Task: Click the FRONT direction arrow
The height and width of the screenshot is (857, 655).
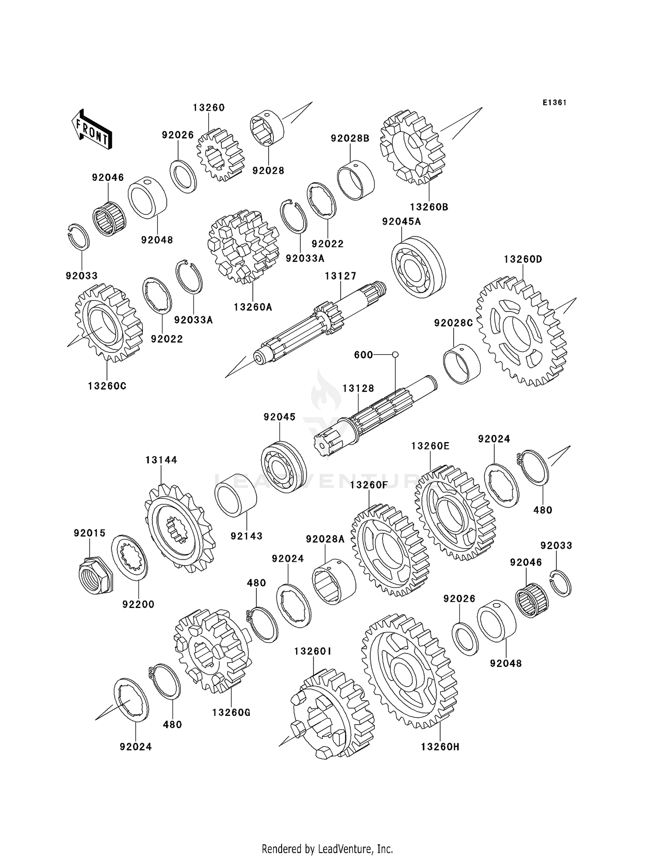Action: point(92,130)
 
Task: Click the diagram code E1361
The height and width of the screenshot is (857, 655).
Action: point(554,103)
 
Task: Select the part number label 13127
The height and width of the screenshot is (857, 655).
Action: point(340,276)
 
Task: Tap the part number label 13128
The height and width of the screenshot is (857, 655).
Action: point(358,388)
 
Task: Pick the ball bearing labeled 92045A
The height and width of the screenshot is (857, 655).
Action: point(418,267)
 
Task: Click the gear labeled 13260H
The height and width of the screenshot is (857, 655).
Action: point(409,671)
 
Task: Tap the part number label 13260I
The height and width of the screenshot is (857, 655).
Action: point(313,651)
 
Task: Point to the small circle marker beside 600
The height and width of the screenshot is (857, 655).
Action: point(395,354)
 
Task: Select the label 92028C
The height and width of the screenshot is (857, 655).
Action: point(453,323)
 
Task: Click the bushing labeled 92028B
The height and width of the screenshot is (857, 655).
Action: point(356,180)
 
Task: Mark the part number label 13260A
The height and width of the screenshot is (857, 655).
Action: point(252,307)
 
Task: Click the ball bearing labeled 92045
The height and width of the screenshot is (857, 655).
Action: point(283,467)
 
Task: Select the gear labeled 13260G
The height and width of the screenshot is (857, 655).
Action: point(211,650)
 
